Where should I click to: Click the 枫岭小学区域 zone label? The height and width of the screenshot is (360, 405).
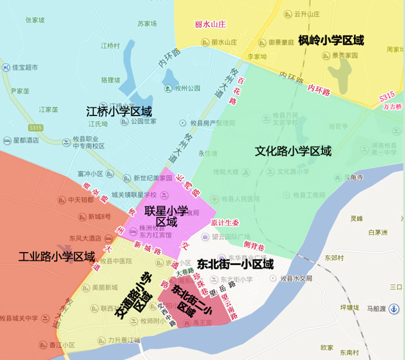331,40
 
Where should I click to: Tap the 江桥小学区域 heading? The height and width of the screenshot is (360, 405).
119,111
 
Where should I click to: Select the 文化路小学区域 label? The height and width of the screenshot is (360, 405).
293,151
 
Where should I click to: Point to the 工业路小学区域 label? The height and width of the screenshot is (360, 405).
57,256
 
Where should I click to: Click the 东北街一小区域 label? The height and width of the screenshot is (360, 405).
235,264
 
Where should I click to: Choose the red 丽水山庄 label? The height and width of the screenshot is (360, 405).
210,24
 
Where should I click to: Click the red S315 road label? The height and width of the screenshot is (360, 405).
387,96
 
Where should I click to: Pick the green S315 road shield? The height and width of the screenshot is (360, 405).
36,127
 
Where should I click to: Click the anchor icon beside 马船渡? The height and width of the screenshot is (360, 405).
394,309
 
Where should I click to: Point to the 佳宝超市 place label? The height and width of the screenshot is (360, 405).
25,68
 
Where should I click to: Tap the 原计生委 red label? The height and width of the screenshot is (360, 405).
224,222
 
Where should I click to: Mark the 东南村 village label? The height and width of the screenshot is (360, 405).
349,352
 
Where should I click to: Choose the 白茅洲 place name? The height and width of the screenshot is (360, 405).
377,232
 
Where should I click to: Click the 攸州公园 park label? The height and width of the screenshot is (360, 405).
187,88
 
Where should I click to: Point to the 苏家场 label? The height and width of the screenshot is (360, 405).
147,24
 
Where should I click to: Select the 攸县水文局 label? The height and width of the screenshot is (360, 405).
296,279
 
